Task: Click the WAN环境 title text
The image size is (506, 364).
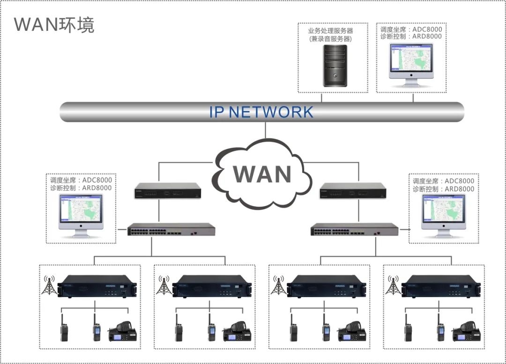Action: click(x=54, y=24)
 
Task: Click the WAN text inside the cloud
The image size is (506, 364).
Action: click(x=262, y=174)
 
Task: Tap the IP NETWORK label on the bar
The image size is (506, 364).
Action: click(x=261, y=112)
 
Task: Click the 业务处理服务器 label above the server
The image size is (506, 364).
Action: click(x=330, y=31)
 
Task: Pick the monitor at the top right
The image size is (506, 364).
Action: click(x=411, y=64)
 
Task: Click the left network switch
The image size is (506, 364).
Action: click(x=171, y=230)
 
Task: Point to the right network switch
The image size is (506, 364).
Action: click(x=355, y=230)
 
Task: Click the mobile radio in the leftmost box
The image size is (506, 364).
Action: click(x=123, y=333)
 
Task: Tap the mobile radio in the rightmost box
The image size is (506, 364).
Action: click(x=466, y=333)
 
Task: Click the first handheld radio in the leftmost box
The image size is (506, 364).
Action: click(x=64, y=329)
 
